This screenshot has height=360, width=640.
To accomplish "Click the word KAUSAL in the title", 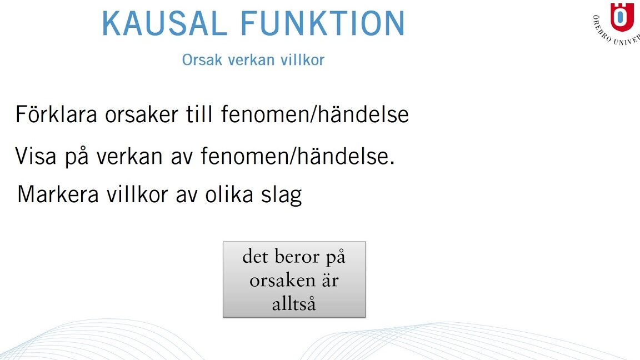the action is [x=164, y=24].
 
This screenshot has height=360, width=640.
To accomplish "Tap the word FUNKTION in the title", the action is [x=323, y=24].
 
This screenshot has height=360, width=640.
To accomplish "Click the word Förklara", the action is [x=56, y=114].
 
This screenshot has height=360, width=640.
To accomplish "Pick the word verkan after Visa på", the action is [x=129, y=156].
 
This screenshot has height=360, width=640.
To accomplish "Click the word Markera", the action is [x=58, y=194].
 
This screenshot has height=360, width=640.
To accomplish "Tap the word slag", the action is [x=282, y=195].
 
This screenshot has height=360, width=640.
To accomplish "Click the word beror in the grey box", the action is [x=297, y=257].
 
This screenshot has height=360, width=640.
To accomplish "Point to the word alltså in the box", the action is [x=294, y=304].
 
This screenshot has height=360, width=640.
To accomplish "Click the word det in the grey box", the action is [x=256, y=257].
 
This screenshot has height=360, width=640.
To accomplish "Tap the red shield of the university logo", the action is [x=622, y=17].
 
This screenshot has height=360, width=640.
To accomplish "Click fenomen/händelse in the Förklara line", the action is [x=314, y=114].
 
